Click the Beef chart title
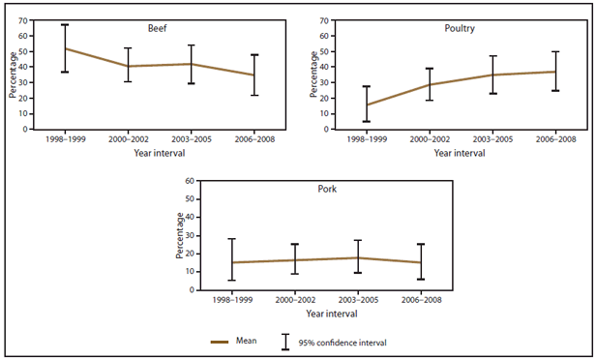pos(154,29)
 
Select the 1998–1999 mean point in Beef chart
pos(65,48)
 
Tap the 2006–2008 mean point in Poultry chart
pos(554,72)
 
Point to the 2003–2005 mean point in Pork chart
pos(359,257)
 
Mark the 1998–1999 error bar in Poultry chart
pos(364,97)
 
